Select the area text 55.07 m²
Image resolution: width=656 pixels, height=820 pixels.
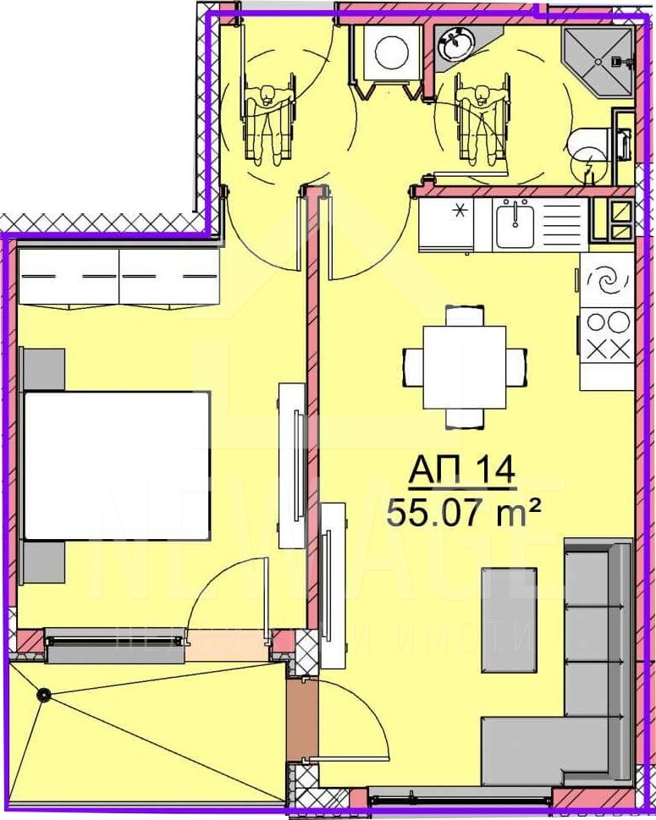tap(463, 512)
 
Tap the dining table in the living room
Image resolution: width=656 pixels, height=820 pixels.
tap(465, 366)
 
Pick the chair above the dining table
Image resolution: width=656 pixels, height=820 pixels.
tap(465, 316)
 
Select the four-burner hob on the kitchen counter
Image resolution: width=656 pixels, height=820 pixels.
tap(607, 335)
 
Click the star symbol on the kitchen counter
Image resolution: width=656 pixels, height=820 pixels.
tap(460, 209)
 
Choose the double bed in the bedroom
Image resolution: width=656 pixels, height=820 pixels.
tap(116, 465)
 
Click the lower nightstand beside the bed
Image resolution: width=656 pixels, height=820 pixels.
tap(43, 564)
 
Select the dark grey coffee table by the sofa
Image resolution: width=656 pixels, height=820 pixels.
tap(509, 619)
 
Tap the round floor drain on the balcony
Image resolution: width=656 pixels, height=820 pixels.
tap(42, 695)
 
